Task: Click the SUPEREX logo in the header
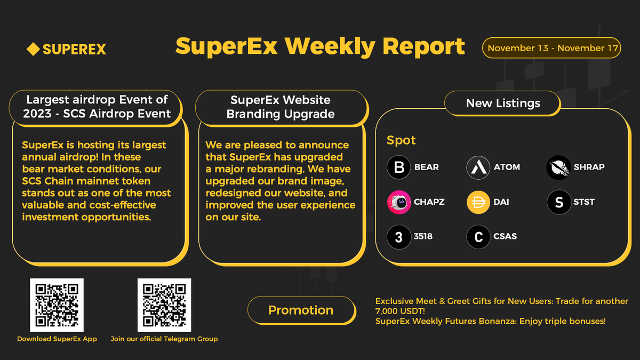coord(66,50)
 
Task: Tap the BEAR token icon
coord(399,167)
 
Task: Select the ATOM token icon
coord(478,167)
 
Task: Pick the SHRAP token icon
coord(558,167)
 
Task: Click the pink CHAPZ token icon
coord(399,202)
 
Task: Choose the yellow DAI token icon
coord(478,202)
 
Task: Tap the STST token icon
coord(558,202)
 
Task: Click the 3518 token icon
coord(399,237)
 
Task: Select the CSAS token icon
coord(478,237)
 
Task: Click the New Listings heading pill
coord(503,103)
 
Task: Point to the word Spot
coord(401,140)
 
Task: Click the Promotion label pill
coord(301,310)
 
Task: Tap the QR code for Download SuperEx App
coord(57,305)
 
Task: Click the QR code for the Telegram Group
coord(164,305)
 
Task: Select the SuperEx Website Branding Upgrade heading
coord(281,107)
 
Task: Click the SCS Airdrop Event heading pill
coord(97,106)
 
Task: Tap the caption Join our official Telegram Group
coord(164,339)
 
